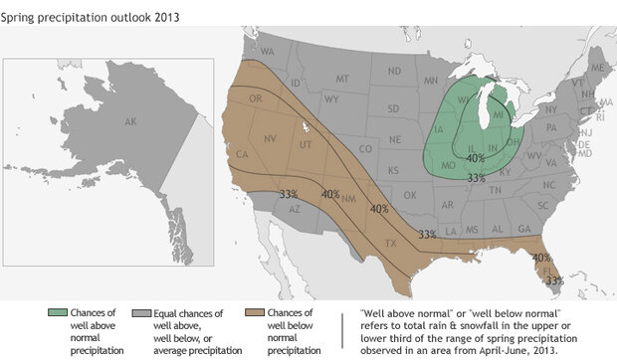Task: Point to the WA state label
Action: click(267, 50)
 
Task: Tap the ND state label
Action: click(393, 71)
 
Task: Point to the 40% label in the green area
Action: click(475, 158)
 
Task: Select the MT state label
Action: click(342, 78)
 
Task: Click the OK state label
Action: click(410, 196)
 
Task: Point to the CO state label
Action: click(364, 150)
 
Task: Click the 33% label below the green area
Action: click(476, 178)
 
